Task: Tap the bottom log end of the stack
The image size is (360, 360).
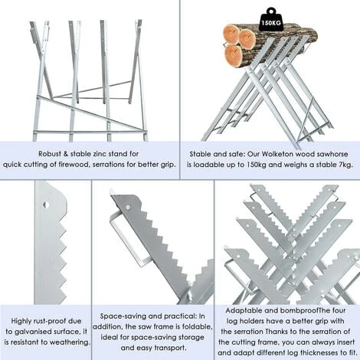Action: (x=234, y=54)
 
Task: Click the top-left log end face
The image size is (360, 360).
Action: (x=231, y=34)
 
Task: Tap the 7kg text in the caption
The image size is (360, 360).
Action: (x=345, y=165)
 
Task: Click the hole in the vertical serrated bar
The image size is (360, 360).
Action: (x=46, y=205)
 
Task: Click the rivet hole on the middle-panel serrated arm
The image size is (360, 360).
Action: (x=128, y=207)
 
